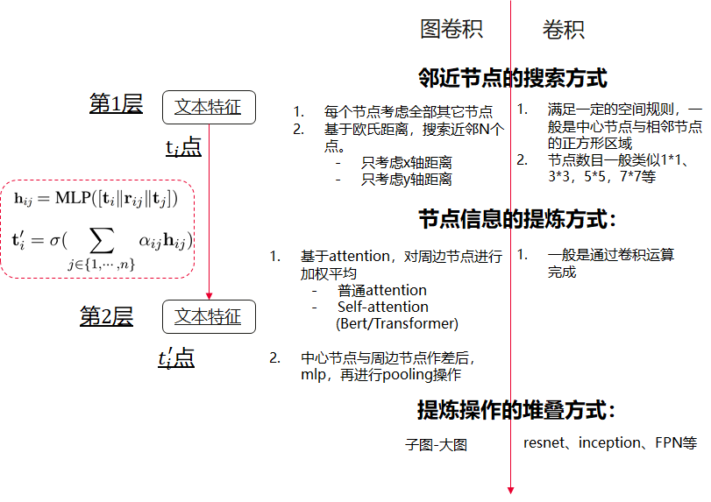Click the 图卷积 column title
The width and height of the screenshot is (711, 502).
[x=451, y=30]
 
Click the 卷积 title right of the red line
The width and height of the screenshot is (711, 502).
[x=563, y=30]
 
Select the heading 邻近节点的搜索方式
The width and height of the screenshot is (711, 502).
[x=513, y=79]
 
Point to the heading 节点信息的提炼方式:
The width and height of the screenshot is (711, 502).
[x=517, y=218]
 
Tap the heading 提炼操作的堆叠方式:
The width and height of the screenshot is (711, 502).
[x=515, y=409]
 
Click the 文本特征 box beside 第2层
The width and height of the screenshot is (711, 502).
[x=208, y=316]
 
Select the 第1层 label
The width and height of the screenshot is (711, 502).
[x=116, y=104]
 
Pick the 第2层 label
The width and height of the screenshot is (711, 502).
[x=106, y=316]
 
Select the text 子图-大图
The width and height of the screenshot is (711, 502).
[x=436, y=444]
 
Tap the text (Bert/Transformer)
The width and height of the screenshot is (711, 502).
[x=397, y=323]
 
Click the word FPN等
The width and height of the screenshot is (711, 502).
[x=676, y=442]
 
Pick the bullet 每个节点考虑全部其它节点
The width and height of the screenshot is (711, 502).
[x=408, y=112]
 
